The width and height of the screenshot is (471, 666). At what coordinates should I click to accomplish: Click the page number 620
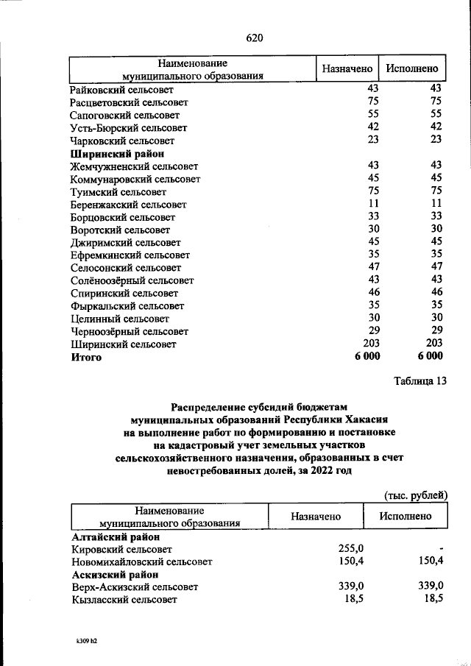(x=255, y=38)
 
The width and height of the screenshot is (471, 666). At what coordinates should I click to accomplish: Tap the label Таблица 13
(x=420, y=381)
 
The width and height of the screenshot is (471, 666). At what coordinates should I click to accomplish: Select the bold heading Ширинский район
(x=111, y=154)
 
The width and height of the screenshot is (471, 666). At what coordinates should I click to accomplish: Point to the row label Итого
(x=86, y=357)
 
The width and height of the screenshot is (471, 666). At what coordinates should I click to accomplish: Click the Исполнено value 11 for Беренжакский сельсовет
(x=436, y=204)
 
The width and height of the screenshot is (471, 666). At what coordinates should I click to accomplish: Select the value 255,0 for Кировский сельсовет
(x=350, y=548)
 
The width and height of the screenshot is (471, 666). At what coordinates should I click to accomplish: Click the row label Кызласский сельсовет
(x=124, y=600)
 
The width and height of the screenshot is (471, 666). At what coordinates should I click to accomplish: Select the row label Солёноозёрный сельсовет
(x=132, y=280)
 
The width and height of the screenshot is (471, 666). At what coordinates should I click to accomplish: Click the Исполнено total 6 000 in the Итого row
(x=430, y=357)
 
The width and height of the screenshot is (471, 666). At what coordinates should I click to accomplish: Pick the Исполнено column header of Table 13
(x=406, y=517)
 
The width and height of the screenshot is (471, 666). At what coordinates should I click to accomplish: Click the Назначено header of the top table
(x=347, y=68)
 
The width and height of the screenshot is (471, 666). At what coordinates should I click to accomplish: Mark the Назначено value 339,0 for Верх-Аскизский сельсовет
(x=350, y=587)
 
